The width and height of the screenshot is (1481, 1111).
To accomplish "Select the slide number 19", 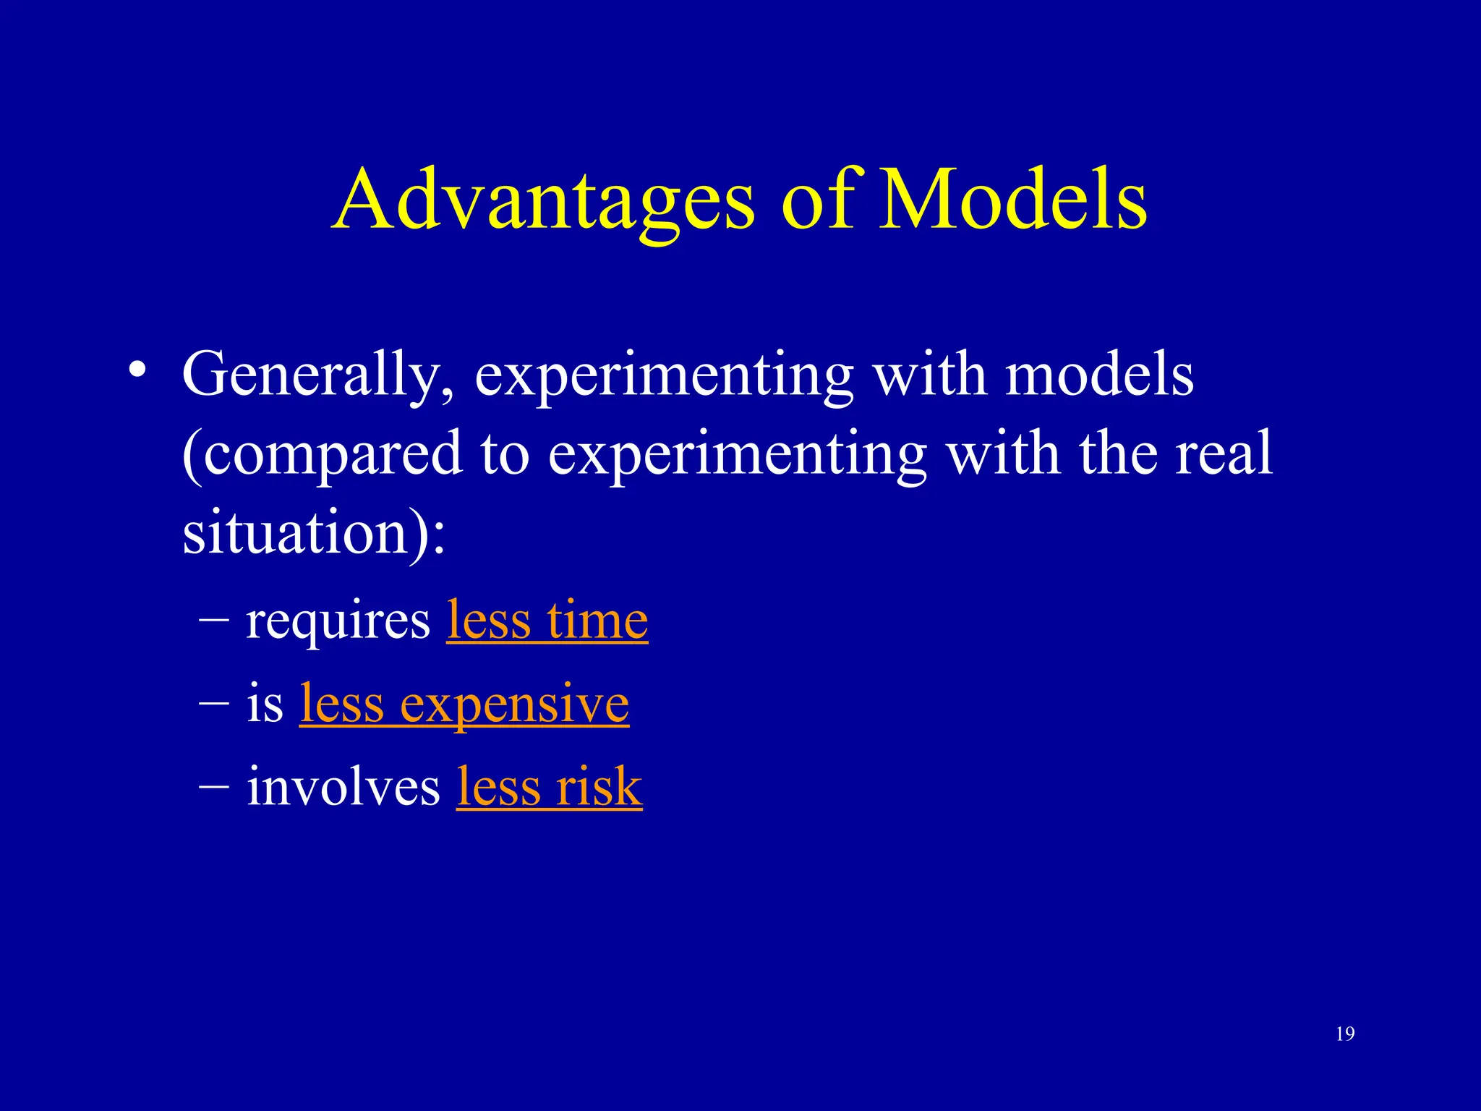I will pos(1345,1034).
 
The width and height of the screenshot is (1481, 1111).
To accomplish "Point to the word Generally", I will pos(318,376).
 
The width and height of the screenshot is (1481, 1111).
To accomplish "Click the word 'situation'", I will pos(296,532).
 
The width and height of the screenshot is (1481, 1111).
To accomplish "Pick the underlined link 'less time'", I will pos(547,621).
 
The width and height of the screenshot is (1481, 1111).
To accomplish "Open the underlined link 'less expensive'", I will pos(464,704).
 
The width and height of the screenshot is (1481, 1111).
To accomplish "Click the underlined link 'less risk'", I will pos(549,787).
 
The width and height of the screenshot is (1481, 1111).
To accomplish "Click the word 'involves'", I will pos(343,787).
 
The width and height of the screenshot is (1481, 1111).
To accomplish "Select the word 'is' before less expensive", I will pos(264,704).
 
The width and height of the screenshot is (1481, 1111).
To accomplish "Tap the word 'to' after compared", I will pos(504,455).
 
